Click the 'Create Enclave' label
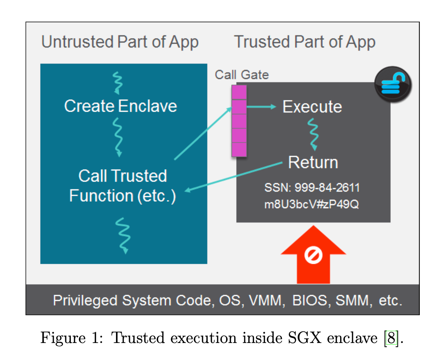(120, 106)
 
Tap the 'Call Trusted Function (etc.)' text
(123, 186)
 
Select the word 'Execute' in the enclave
(312, 107)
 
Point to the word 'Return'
(313, 162)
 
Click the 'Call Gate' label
(242, 75)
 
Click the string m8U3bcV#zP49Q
(312, 204)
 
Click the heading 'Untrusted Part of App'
(120, 42)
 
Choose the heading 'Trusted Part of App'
(305, 42)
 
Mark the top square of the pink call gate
(239, 92)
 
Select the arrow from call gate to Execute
(261, 107)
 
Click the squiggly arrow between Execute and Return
(313, 134)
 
